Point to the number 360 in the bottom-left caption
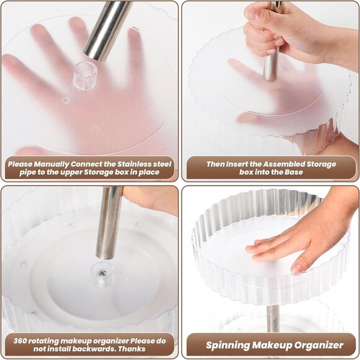coord(20,341)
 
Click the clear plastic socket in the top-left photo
coord(84,75)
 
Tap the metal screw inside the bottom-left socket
coord(102,273)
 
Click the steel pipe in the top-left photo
coord(107,30)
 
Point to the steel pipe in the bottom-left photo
coord(109,223)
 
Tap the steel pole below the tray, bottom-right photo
coord(273,318)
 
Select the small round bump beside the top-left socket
coord(66,100)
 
